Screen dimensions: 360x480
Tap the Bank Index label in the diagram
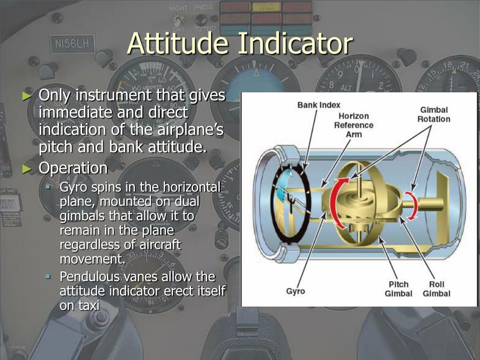319,105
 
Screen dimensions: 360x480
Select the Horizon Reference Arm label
353,125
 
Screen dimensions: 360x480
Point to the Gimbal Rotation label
434,114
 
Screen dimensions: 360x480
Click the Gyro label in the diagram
295,291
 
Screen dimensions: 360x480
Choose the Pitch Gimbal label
398,289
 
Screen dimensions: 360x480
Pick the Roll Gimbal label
436,289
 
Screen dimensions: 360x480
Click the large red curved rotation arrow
335,201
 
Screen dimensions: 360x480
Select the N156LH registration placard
72,45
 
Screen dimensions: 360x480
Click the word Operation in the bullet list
73,168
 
